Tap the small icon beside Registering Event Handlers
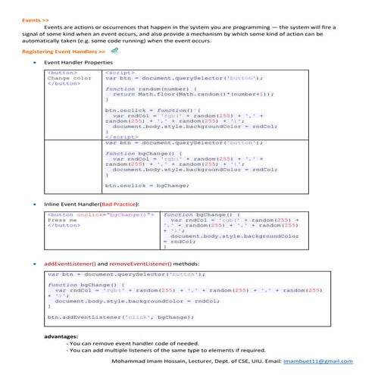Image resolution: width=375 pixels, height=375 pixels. tap(114, 50)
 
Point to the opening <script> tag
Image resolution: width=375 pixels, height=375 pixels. tap(120, 73)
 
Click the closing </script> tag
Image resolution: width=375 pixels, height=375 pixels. tap(121, 136)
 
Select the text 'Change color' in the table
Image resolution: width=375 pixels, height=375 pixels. tap(69, 78)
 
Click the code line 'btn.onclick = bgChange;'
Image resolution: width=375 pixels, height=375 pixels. tap(147, 185)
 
